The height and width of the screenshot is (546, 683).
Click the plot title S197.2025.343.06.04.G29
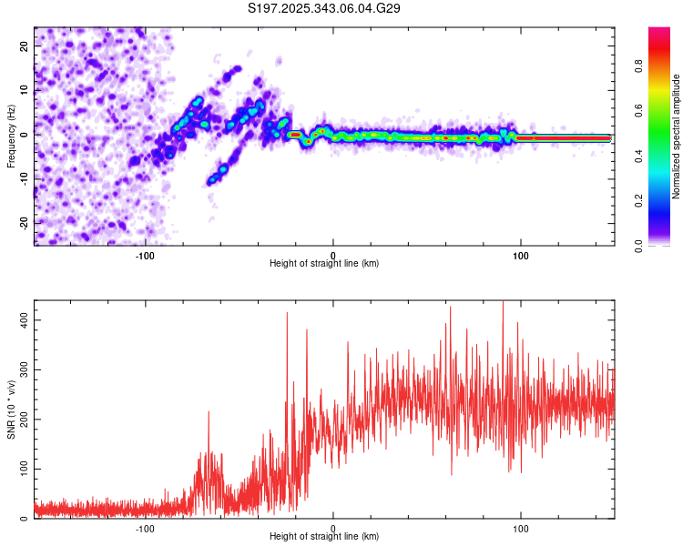click(325, 8)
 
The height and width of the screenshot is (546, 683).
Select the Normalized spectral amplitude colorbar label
click(677, 136)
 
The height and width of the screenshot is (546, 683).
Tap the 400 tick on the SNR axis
click(21, 320)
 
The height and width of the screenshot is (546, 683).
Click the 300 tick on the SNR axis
click(21, 370)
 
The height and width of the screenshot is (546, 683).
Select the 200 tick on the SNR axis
click(21, 420)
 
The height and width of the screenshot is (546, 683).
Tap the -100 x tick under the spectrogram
click(145, 256)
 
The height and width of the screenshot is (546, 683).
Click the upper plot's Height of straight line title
click(324, 264)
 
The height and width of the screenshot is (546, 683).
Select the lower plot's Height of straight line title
click(324, 537)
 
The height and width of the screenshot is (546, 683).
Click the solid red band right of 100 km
click(565, 138)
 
